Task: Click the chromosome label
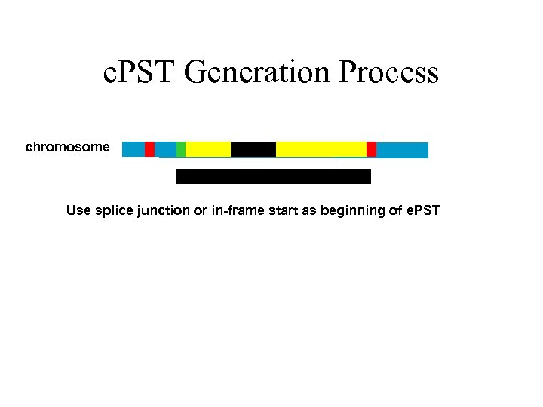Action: tap(67, 147)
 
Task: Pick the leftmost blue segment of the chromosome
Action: tap(133, 149)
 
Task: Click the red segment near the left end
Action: tap(149, 149)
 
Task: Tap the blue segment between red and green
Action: tap(165, 149)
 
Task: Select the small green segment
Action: tap(181, 149)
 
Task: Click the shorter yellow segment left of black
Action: tap(208, 149)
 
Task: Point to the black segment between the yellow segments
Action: tap(253, 149)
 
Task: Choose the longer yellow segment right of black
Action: tap(321, 149)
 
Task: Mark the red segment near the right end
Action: tap(371, 149)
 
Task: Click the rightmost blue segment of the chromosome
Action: tap(402, 150)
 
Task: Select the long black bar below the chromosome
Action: tap(274, 176)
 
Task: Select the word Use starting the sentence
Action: tap(78, 210)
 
